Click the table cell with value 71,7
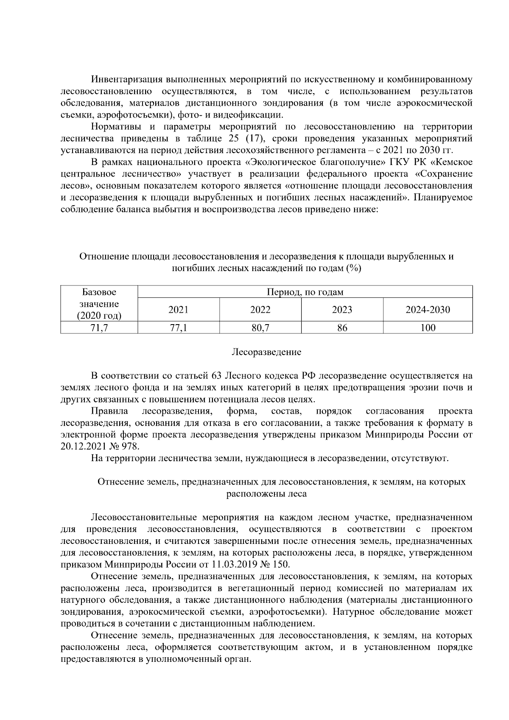coord(99,328)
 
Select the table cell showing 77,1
coord(178,328)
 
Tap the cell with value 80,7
coord(260,328)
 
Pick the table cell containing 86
coord(342,328)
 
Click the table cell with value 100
coord(428,328)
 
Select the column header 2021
coord(178,310)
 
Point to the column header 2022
coord(260,310)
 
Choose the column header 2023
coord(342,310)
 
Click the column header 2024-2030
coord(428,310)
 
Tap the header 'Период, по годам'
coord(305,292)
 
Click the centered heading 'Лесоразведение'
coord(266,352)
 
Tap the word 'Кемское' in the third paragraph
coord(454,162)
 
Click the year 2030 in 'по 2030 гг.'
coord(431,150)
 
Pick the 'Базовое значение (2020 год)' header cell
coord(99,304)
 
